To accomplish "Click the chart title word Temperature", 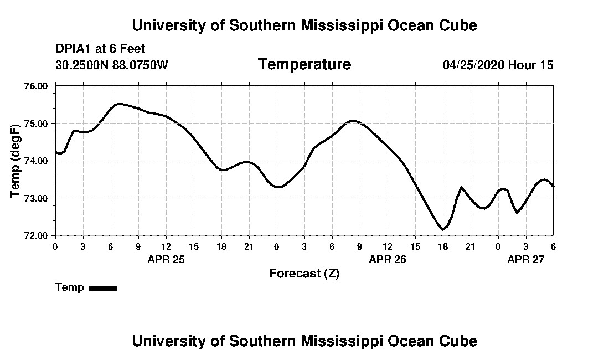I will (304, 65).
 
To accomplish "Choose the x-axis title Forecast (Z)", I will (304, 274).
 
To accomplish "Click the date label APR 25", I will (166, 259).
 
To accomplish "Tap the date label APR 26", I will (388, 259).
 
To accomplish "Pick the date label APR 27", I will (526, 259).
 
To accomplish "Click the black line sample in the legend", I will (104, 288).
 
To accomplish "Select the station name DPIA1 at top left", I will (74, 49).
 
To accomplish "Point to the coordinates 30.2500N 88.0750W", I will (112, 65).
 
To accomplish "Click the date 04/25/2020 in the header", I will (473, 65).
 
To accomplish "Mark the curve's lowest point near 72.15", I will (443, 229).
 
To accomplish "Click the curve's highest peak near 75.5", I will (119, 104).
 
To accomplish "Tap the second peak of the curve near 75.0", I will (353, 120).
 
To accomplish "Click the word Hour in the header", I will (522, 65).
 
